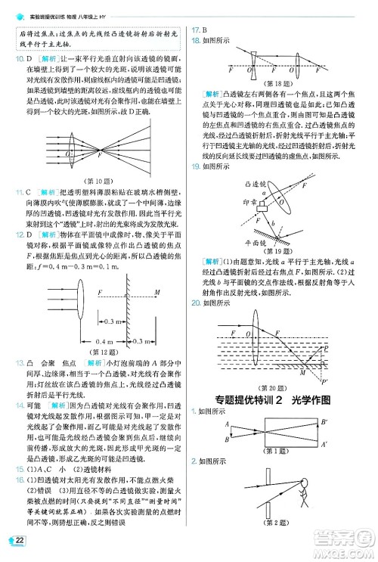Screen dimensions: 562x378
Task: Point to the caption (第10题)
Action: click(x=101, y=181)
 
